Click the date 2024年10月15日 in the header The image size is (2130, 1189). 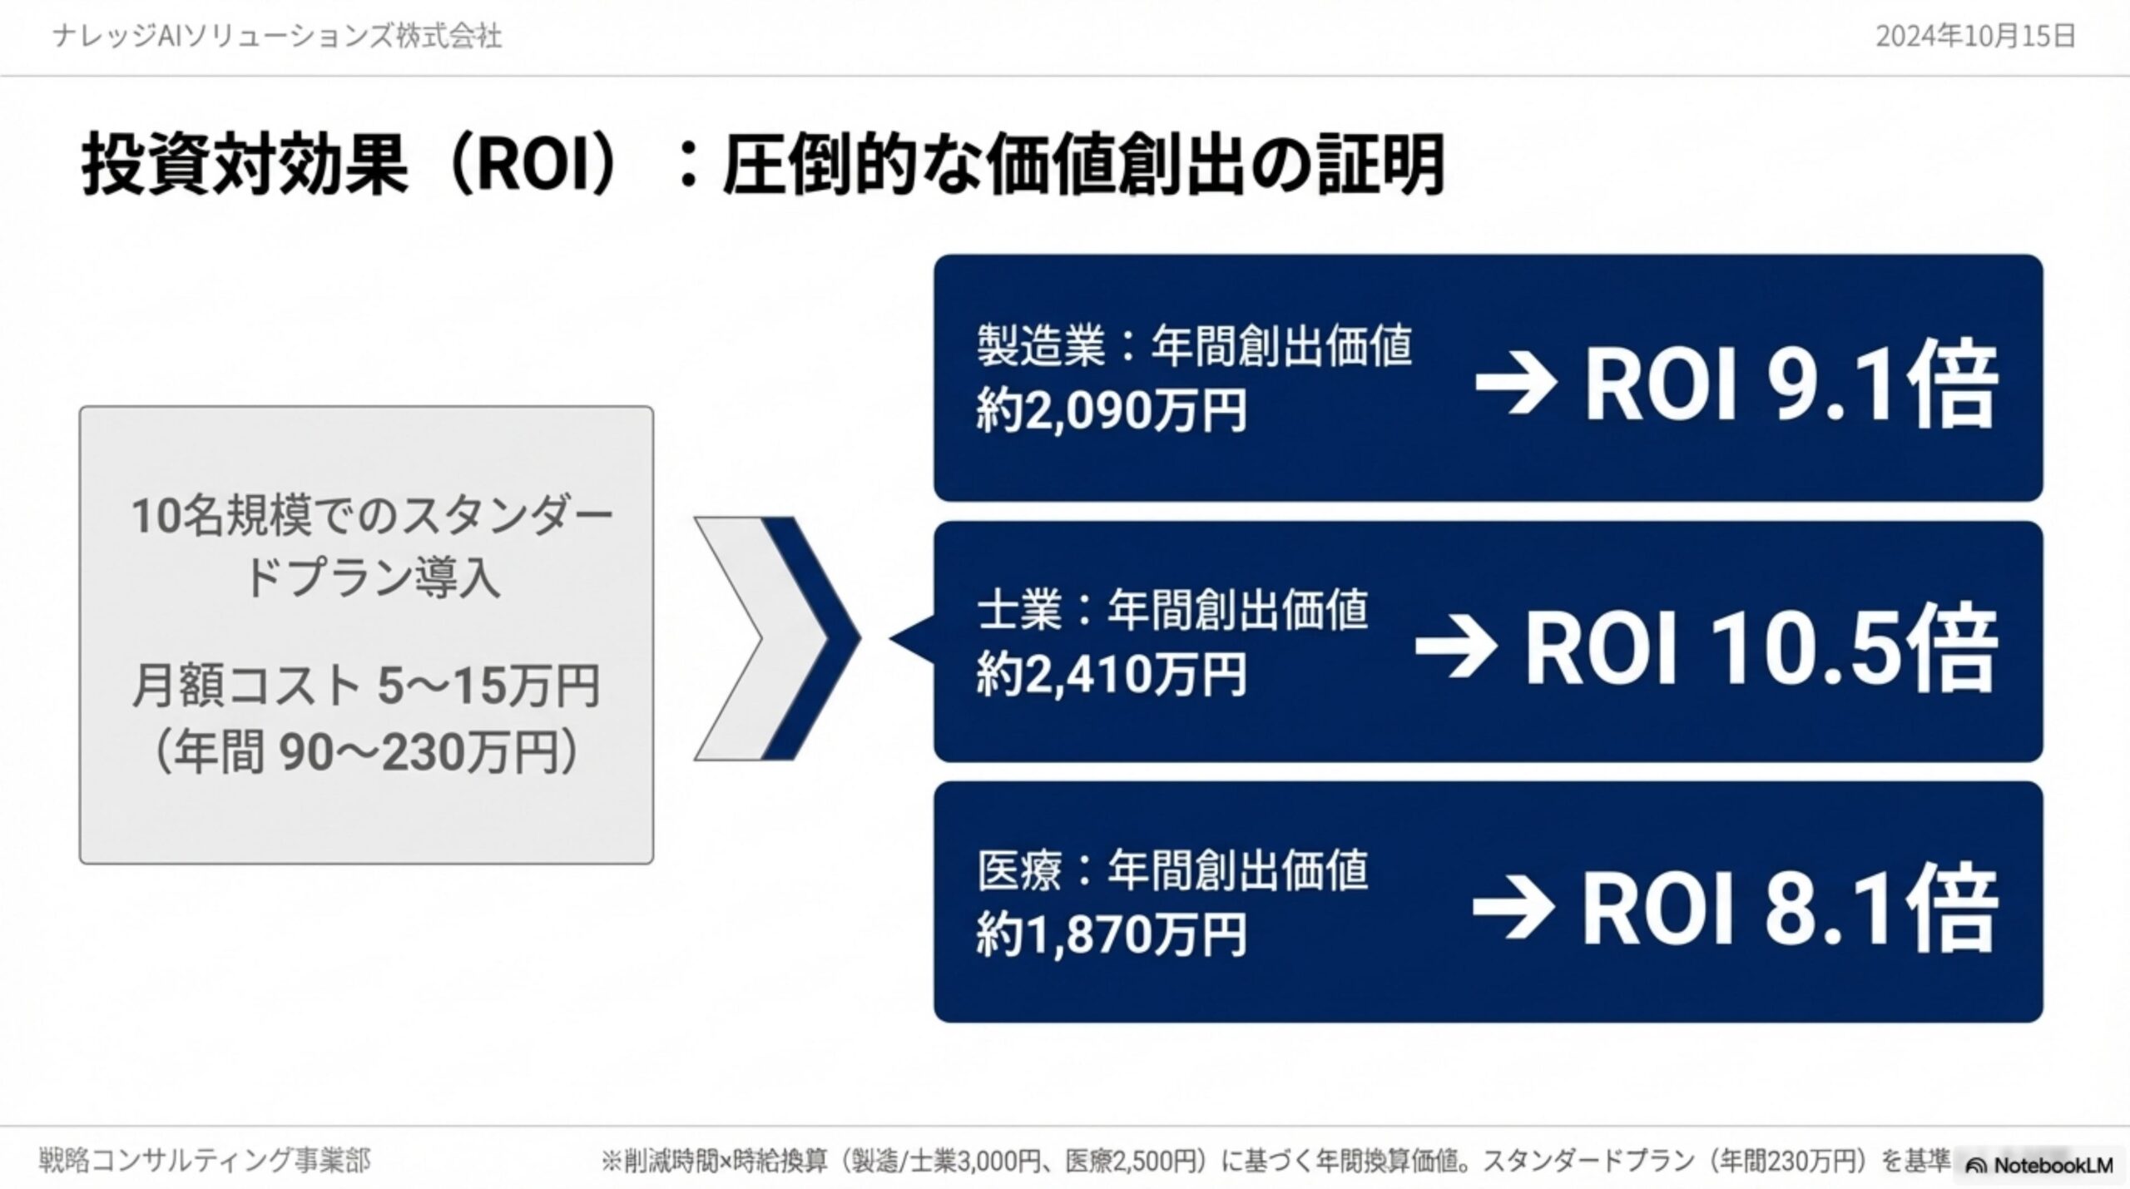pos(1976,37)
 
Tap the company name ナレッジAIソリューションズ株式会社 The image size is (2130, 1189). pos(277,37)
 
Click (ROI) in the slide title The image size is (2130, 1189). pos(533,166)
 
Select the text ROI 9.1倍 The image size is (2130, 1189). pos(1790,384)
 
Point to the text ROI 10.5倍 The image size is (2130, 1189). pos(1760,649)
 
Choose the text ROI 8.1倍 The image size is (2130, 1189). pos(1788,909)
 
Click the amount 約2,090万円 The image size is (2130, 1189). pos(1112,411)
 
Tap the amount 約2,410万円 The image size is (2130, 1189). pos(1112,674)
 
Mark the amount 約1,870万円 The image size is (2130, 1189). pos(1112,934)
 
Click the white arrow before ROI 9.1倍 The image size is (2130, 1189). pos(1515,384)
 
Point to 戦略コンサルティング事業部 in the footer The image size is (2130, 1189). pos(205,1160)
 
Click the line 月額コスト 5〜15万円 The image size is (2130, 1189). pos(366,687)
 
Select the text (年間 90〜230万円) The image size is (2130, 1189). pos(366,752)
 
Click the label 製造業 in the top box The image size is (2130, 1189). pos(1041,345)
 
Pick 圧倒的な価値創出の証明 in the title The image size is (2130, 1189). pos(1082,166)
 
